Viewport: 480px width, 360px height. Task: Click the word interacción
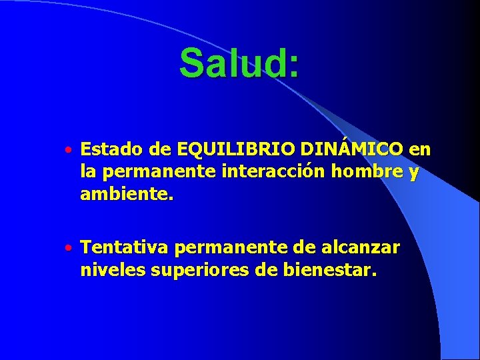[260, 172]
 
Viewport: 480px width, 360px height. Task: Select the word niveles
[107, 271]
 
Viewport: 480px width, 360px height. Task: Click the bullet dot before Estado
[69, 149]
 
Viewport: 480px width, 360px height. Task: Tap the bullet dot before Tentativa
[69, 249]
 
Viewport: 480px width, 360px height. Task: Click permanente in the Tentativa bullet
[231, 249]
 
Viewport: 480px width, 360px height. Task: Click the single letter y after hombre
[415, 173]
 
